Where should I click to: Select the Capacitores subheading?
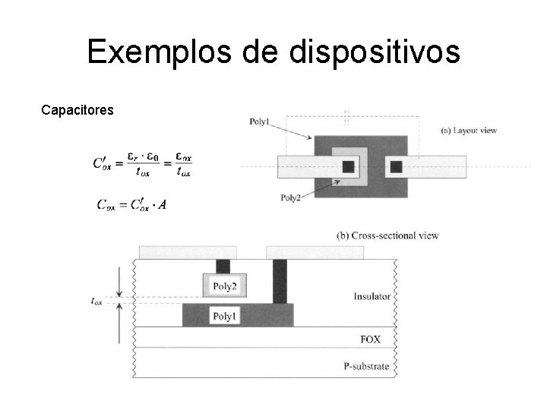tap(77, 111)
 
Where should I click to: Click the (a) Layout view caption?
tap(469, 131)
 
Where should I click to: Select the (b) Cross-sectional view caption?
tap(387, 235)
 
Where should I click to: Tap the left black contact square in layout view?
tap(348, 167)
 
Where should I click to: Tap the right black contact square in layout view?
tap(395, 167)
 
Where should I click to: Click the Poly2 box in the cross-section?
tap(225, 286)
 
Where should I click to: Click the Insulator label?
tap(372, 296)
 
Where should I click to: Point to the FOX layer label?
tap(370, 339)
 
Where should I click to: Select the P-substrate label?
tap(366, 366)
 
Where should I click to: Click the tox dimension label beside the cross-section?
tap(97, 301)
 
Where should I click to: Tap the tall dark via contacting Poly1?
tap(280, 281)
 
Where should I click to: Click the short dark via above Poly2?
tap(223, 266)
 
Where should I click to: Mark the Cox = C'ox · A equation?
tap(131, 204)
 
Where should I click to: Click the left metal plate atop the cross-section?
tap(188, 252)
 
